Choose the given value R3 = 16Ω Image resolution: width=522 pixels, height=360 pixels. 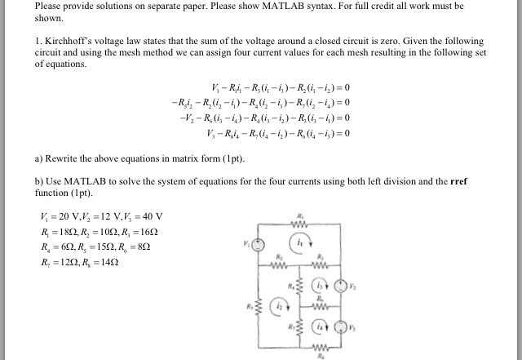point(144,232)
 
